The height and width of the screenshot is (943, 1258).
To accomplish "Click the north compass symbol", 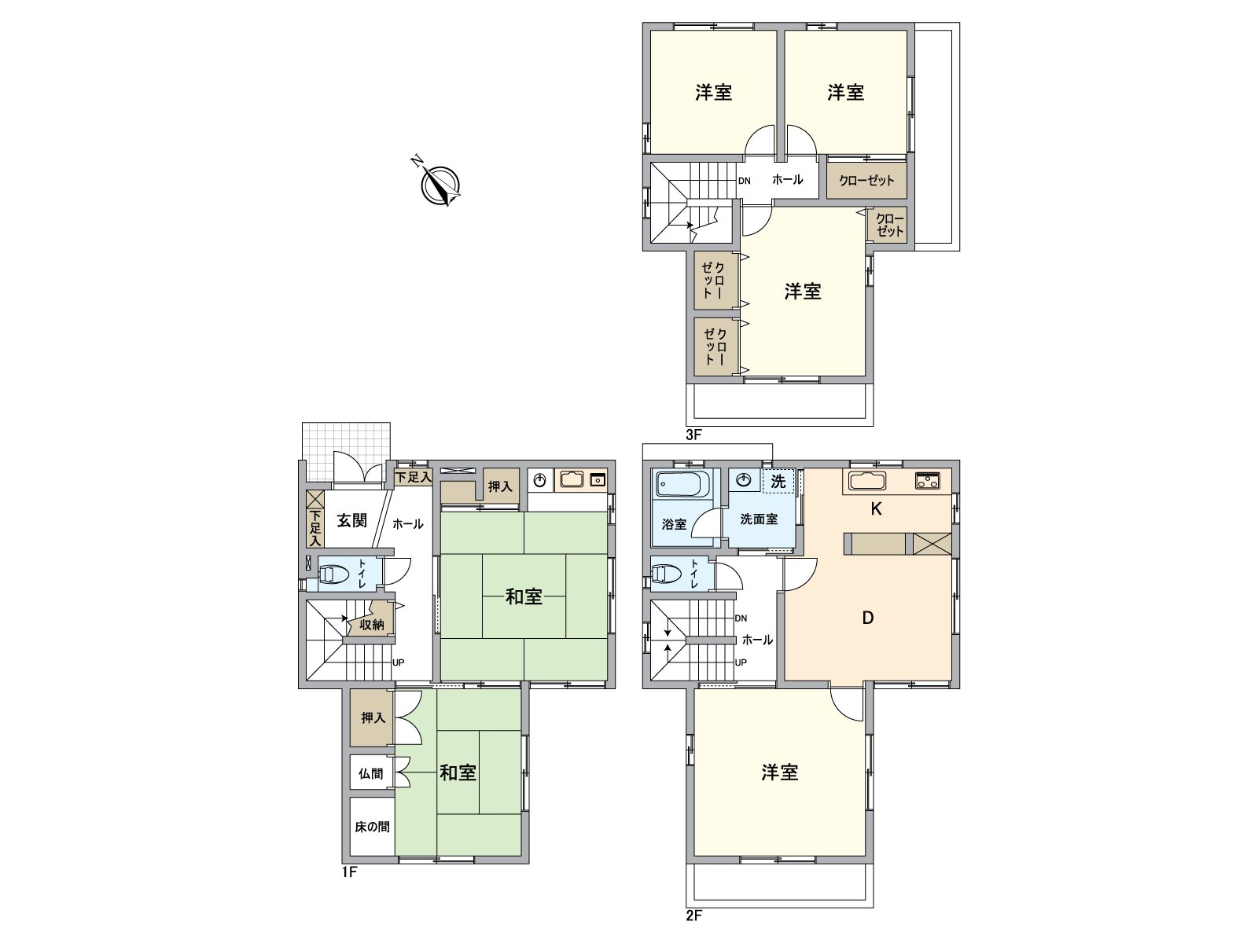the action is pyautogui.click(x=440, y=185).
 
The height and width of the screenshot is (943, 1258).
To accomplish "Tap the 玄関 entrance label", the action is pyautogui.click(x=351, y=520).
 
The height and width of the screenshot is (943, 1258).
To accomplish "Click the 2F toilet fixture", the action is pyautogui.click(x=667, y=573).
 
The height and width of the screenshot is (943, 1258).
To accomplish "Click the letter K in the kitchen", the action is pyautogui.click(x=876, y=508).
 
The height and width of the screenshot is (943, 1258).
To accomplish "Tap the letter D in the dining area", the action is pyautogui.click(x=868, y=618).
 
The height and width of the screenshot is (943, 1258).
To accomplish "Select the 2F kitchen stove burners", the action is pyautogui.click(x=927, y=480).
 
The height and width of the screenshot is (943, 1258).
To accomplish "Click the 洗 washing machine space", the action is pyautogui.click(x=778, y=481).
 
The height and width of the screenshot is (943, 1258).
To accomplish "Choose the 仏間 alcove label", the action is pyautogui.click(x=371, y=774).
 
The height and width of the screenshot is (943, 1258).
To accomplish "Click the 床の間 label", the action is pyautogui.click(x=372, y=827).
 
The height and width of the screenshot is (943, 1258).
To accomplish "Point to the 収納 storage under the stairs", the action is pyautogui.click(x=371, y=625).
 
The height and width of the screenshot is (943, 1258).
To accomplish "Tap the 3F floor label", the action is pyautogui.click(x=693, y=435).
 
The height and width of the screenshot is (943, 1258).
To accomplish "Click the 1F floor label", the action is pyautogui.click(x=350, y=872).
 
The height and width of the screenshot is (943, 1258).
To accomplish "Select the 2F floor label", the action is pyautogui.click(x=693, y=915).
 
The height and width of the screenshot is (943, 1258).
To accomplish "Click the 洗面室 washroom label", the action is pyautogui.click(x=759, y=519).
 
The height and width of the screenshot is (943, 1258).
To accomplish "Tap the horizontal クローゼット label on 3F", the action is pyautogui.click(x=866, y=181).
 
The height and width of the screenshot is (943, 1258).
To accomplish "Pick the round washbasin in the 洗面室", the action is pyautogui.click(x=744, y=480).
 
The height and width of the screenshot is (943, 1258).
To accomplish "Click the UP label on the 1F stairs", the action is pyautogui.click(x=399, y=662).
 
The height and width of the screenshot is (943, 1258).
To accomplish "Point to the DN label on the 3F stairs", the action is pyautogui.click(x=744, y=181).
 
